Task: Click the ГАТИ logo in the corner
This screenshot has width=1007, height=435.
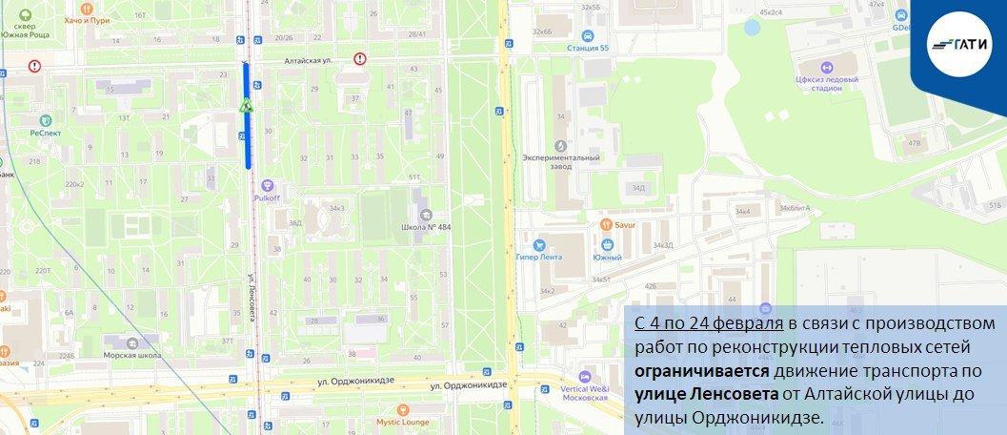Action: click(962, 44)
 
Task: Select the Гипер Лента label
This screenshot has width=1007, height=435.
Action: click(539, 256)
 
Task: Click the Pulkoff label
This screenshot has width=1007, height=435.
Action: click(267, 198)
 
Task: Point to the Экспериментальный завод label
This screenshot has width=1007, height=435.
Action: click(561, 163)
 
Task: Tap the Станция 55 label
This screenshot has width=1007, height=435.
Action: click(589, 47)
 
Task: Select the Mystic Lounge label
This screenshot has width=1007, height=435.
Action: click(401, 421)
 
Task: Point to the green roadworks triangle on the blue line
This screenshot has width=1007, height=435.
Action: click(246, 106)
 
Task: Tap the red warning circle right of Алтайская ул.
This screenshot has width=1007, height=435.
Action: click(360, 58)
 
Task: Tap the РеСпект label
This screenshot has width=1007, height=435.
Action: click(45, 133)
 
